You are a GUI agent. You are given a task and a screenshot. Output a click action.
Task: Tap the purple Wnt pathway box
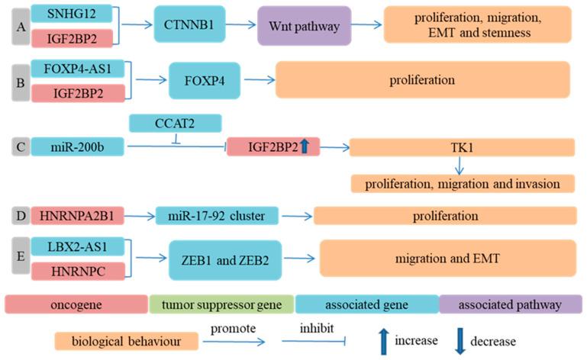[304, 25]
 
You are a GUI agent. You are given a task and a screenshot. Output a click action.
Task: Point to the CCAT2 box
[176, 122]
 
